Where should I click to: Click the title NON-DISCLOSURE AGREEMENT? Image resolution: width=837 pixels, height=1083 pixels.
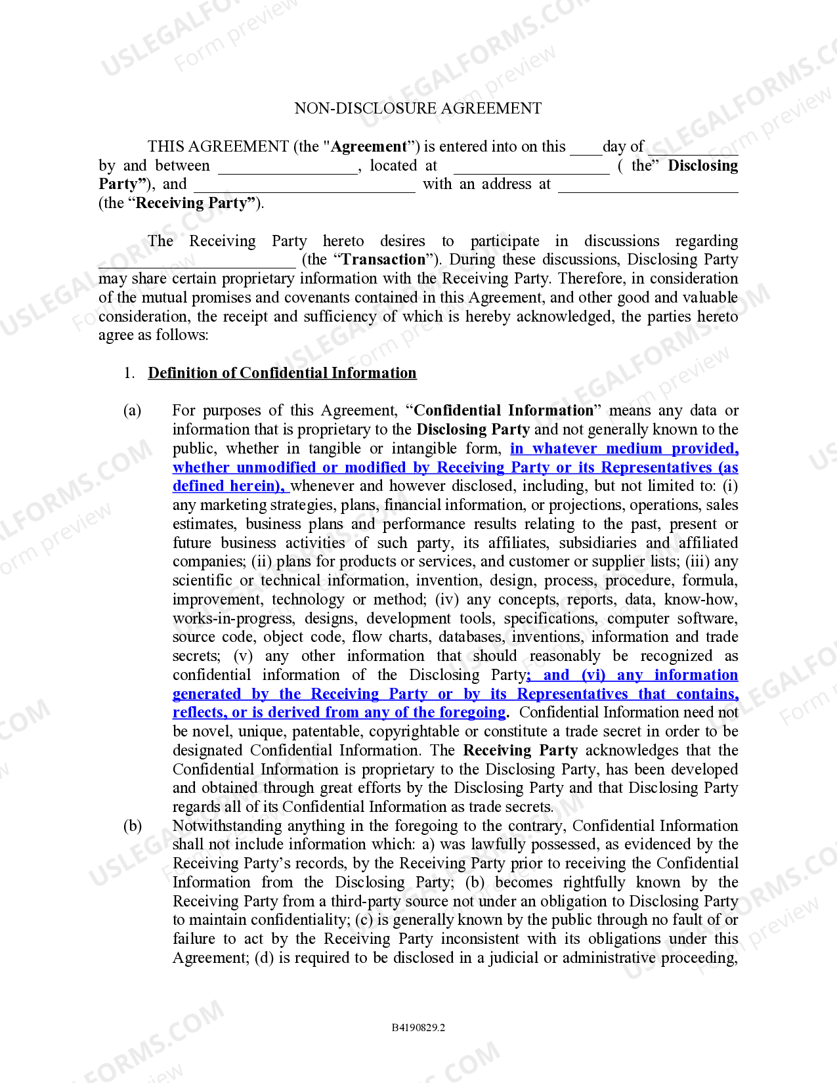[x=418, y=108]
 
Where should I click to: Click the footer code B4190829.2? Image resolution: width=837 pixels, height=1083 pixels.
[x=418, y=1027]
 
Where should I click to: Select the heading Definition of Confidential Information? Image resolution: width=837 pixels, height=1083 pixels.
[x=282, y=373]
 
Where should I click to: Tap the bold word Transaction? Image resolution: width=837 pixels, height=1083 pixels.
[x=383, y=259]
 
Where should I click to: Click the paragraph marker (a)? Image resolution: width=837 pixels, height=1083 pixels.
[x=132, y=411]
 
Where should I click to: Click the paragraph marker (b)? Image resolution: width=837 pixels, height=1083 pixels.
[x=132, y=826]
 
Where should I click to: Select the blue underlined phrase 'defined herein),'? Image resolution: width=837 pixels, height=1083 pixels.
[x=229, y=486]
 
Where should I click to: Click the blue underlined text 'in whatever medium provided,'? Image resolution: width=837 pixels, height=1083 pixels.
[x=624, y=449]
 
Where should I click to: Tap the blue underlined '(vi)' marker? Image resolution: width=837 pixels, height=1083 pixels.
[x=593, y=675]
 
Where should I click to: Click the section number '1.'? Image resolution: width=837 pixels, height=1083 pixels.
[x=129, y=373]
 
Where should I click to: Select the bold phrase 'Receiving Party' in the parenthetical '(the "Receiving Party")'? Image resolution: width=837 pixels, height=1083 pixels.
[x=194, y=203]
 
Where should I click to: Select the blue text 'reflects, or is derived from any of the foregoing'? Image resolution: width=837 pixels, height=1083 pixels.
[x=339, y=713]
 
